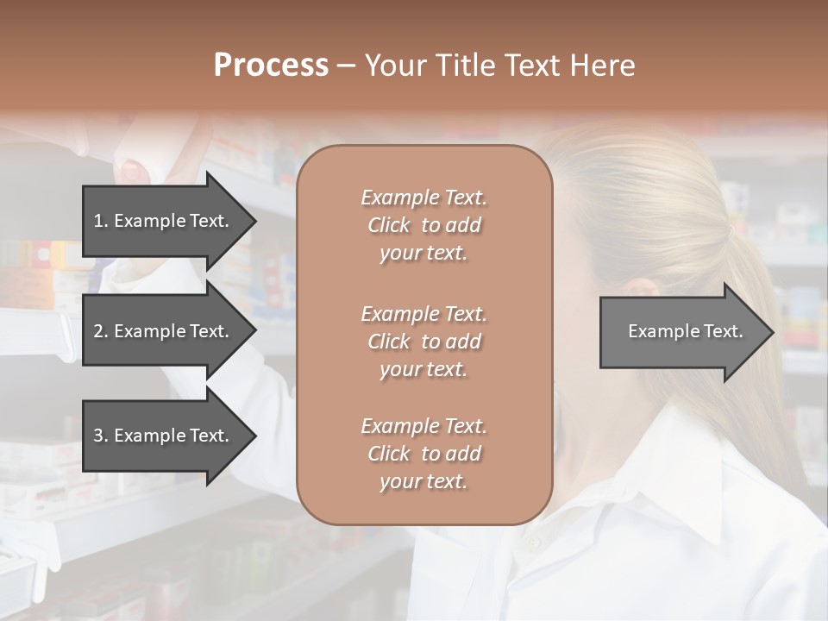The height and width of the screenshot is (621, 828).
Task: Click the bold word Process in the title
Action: coord(271,66)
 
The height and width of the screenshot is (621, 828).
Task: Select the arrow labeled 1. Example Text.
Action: coord(164,221)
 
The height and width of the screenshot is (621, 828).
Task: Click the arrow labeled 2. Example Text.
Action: coord(164,331)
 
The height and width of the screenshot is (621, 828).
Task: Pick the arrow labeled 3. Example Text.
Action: coord(164,436)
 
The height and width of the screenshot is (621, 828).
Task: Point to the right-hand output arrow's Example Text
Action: coord(685,331)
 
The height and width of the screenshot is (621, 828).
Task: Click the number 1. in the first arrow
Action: coord(101,221)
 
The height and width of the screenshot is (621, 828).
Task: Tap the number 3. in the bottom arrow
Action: coord(101,436)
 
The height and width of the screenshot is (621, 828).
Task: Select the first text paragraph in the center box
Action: coord(423,225)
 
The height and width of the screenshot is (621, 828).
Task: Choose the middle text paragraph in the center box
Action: coord(423,341)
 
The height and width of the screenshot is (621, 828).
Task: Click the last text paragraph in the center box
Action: coord(423,454)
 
